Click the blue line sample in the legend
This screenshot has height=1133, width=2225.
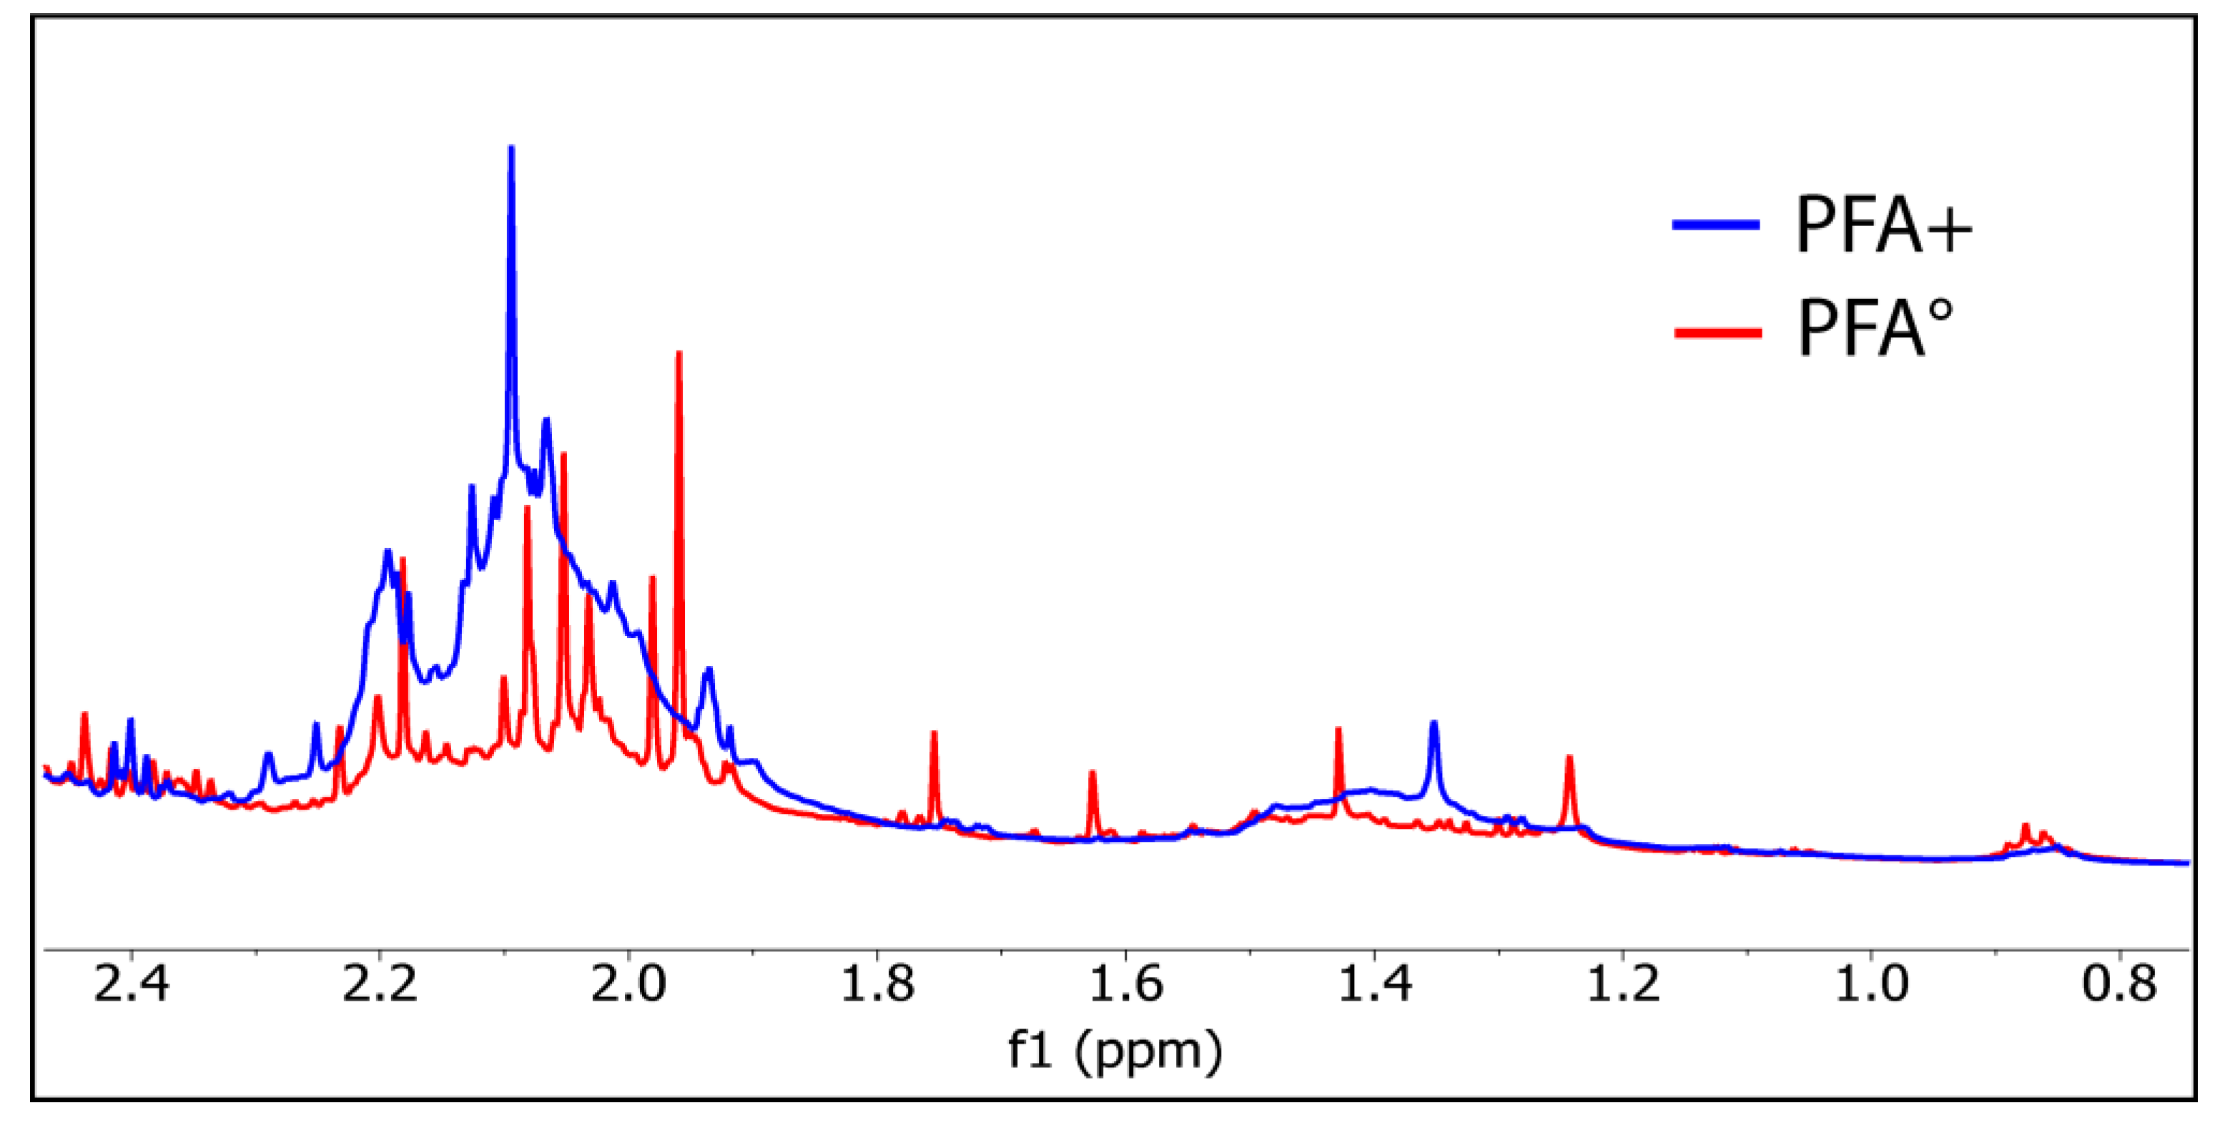[x=1716, y=225]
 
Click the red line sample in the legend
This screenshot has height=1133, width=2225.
[x=1718, y=332]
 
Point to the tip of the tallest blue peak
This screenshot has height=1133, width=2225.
[x=511, y=148]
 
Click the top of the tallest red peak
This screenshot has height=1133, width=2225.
[x=679, y=353]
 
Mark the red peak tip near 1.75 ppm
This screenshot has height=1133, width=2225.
[x=934, y=733]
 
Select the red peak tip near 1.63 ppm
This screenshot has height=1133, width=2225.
[x=1092, y=772]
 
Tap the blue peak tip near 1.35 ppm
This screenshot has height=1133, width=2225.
[x=1434, y=722]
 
